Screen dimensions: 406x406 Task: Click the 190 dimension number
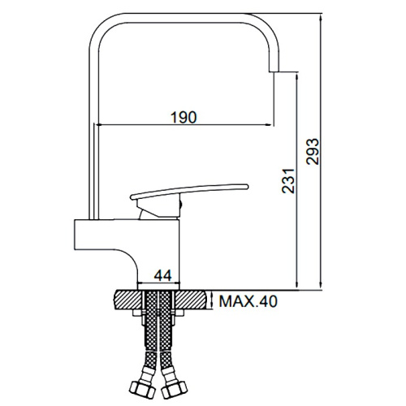pos(184,117)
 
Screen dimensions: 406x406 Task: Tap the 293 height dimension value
pos(313,152)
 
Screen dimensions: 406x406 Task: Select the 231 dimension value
pos(288,180)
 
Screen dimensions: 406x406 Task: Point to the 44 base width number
pos(162,276)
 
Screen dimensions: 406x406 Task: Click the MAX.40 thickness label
pos(248,301)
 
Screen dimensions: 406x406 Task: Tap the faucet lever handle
pos(189,191)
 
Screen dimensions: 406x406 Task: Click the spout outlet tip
pos(274,72)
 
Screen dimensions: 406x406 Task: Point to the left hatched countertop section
pos(128,300)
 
